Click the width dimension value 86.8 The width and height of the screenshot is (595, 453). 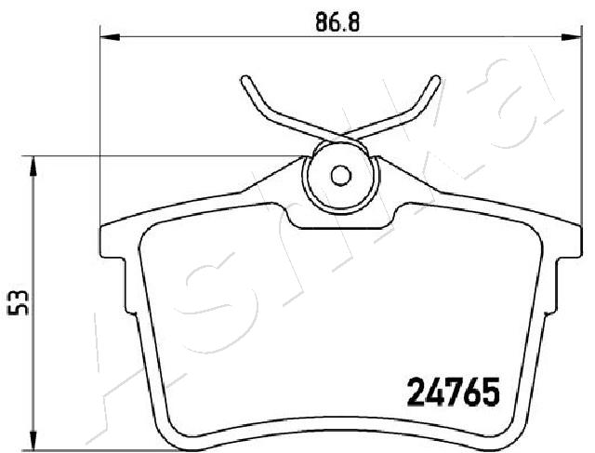337,22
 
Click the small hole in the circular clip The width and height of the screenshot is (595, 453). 340,175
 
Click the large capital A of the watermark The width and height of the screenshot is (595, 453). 112,372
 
